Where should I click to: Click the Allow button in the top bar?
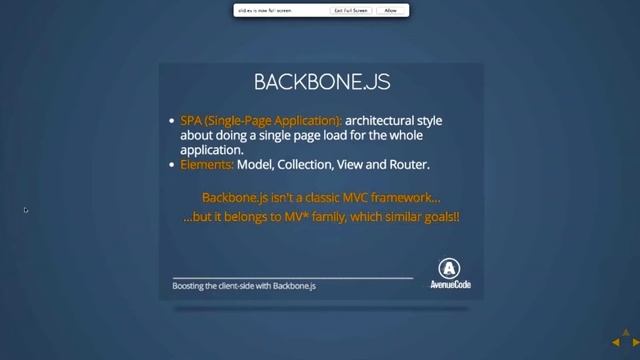pyautogui.click(x=390, y=10)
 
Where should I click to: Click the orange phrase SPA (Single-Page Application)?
pyautogui.click(x=261, y=121)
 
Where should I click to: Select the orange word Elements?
pyautogui.click(x=207, y=164)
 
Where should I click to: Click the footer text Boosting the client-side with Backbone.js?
pyautogui.click(x=244, y=286)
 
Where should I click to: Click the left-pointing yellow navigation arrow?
pyautogui.click(x=617, y=343)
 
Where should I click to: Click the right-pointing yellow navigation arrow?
pyautogui.click(x=636, y=343)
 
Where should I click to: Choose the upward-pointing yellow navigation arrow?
pyautogui.click(x=627, y=334)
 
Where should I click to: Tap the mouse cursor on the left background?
pyautogui.click(x=26, y=210)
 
